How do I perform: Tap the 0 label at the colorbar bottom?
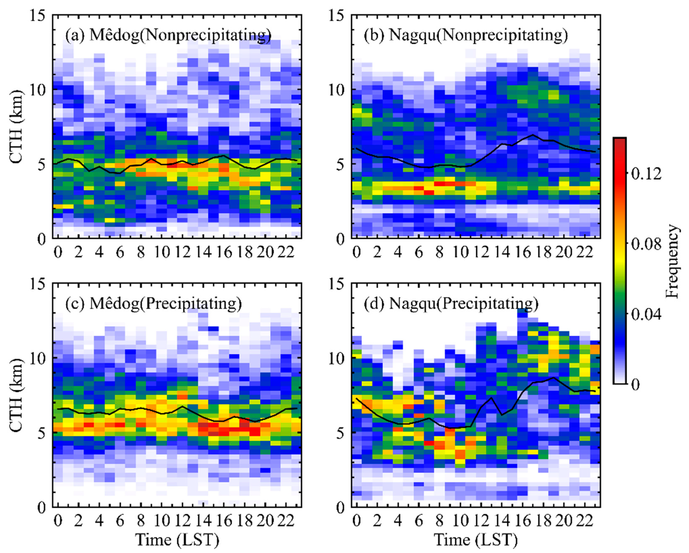pos(636,384)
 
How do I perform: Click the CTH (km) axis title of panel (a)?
pos(17,126)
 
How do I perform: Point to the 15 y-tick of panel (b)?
pos(337,15)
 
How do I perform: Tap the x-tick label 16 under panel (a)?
pos(224,252)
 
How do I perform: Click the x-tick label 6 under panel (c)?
pos(120,521)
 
